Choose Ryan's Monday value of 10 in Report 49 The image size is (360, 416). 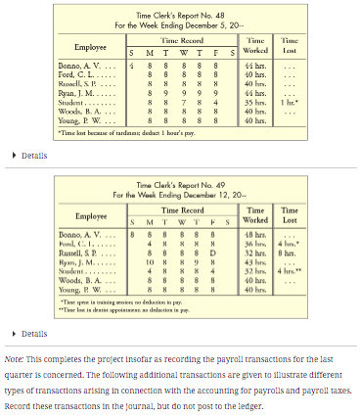pyautogui.click(x=150, y=260)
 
